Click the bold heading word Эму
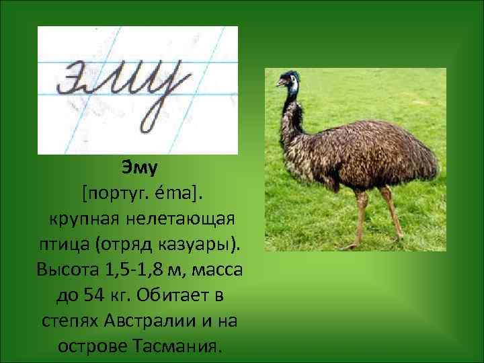(x=140, y=165)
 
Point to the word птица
(x=62, y=245)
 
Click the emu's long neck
(x=290, y=108)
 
